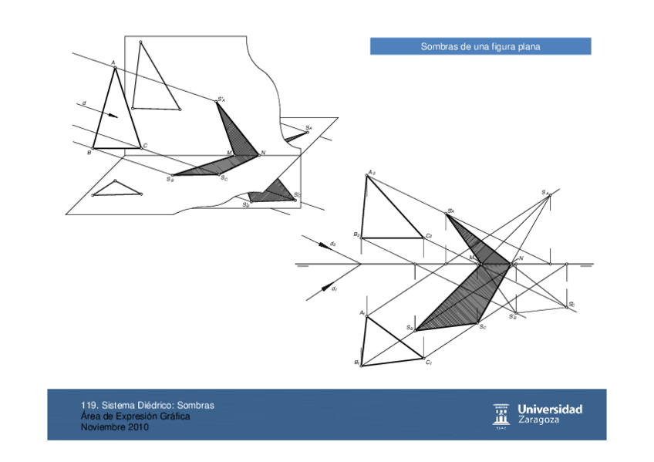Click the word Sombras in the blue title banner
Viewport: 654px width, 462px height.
(437, 47)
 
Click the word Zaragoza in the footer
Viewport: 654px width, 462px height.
(539, 420)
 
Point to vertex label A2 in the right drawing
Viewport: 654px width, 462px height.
(371, 172)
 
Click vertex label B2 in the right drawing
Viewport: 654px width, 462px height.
(356, 234)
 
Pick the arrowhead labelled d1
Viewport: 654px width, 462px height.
(324, 288)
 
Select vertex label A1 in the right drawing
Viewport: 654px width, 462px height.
(361, 312)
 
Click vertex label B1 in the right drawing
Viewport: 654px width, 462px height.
(357, 363)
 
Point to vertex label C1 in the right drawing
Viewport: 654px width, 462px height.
(429, 363)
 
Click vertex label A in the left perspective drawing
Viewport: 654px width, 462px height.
(113, 63)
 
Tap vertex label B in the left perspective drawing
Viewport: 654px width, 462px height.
(89, 153)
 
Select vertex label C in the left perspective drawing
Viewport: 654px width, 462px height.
(145, 146)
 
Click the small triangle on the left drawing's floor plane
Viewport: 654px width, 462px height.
(116, 190)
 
